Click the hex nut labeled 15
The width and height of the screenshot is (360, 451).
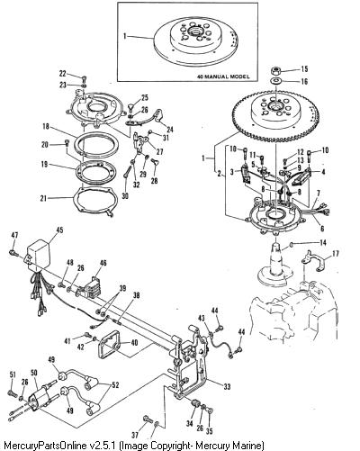(275, 71)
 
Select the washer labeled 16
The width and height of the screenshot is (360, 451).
(275, 81)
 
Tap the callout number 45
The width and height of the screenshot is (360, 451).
(59, 230)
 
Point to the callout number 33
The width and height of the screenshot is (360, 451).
(227, 386)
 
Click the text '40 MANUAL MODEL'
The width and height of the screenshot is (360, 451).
(223, 77)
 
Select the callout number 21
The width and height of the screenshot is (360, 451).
(43, 198)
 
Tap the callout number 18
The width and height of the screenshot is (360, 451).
(46, 126)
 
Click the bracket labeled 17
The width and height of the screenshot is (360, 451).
(312, 260)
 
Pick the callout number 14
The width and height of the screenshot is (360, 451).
(323, 242)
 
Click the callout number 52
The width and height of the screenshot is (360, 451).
(115, 384)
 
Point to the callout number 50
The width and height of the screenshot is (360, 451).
(34, 373)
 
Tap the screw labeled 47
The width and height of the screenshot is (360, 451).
(13, 252)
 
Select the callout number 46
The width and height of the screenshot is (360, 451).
(103, 263)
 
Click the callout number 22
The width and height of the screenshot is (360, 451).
(62, 73)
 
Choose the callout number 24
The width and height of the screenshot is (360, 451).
(170, 130)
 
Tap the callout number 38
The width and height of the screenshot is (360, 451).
(136, 295)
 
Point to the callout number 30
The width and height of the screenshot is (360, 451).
(125, 195)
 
